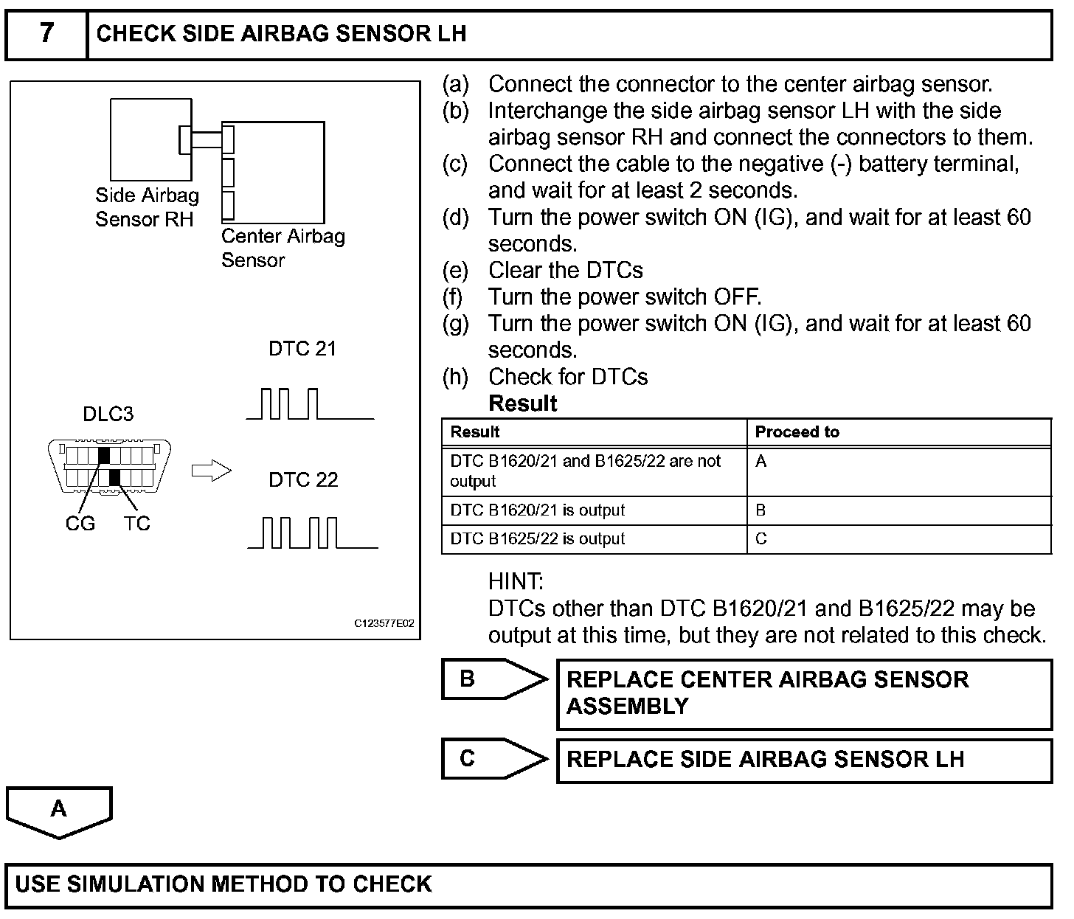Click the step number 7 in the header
tap(46, 34)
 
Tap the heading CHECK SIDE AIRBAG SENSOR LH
tap(281, 34)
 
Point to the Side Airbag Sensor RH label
tap(147, 207)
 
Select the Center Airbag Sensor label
tap(283, 248)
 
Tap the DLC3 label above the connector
tap(108, 414)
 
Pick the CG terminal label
tap(80, 524)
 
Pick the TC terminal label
tap(136, 524)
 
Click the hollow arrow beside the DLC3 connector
tap(211, 471)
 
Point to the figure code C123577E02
tap(384, 623)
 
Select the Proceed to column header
tap(797, 432)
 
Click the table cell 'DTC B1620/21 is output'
tap(537, 510)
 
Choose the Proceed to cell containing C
tap(761, 539)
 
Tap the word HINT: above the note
tap(516, 582)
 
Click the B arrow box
tap(493, 679)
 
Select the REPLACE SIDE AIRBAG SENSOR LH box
tap(803, 760)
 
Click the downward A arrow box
tap(59, 811)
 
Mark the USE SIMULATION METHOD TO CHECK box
tap(528, 884)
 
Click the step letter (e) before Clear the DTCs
tap(455, 271)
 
